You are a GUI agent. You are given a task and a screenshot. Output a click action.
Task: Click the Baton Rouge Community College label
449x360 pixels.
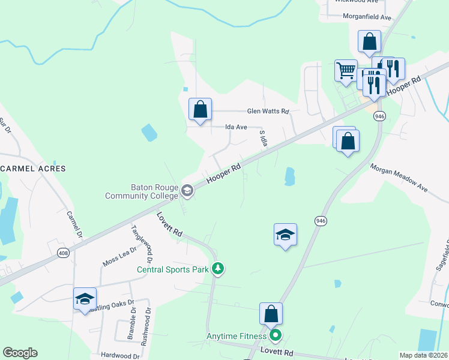[x=141, y=191]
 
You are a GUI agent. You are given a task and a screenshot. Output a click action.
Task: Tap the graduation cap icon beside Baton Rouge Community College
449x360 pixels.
[x=187, y=191]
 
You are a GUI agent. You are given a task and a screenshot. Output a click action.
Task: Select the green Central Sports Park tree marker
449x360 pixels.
[x=220, y=268]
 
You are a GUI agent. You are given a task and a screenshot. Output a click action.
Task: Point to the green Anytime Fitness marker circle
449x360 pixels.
[x=276, y=335]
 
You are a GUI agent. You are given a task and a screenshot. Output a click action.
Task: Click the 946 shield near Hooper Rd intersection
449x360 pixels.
[x=379, y=116]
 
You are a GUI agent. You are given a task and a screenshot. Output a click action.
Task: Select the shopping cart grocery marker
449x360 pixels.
[x=346, y=70]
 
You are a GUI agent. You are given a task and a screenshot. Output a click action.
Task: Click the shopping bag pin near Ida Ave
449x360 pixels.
[x=200, y=109]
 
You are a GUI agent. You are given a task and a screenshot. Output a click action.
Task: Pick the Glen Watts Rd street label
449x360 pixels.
[x=268, y=112]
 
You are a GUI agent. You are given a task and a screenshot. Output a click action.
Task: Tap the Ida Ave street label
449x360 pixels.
[x=236, y=127]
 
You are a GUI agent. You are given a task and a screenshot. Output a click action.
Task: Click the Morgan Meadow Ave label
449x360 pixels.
[x=398, y=178]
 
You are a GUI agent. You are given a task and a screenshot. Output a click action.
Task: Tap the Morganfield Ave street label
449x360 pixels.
[x=367, y=17]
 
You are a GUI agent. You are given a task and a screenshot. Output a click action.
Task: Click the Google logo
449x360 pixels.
[x=20, y=353]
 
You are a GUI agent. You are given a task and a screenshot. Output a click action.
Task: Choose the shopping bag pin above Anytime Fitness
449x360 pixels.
[x=271, y=313]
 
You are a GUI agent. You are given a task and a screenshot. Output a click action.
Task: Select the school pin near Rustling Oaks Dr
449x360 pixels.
[x=85, y=299]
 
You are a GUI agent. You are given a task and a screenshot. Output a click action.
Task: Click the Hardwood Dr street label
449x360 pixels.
[x=120, y=356]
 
